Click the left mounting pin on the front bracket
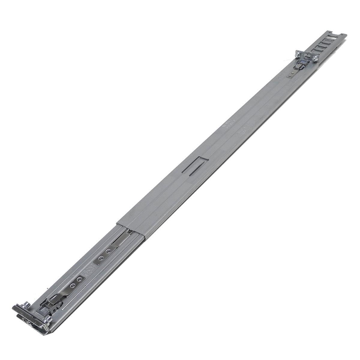click(26, 304)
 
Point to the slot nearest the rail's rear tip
click(335, 38)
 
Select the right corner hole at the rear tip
click(345, 36)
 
